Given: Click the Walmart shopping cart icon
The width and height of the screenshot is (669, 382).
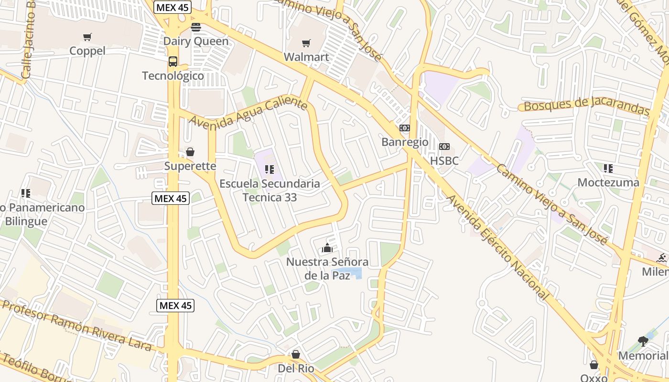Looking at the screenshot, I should tap(306, 43).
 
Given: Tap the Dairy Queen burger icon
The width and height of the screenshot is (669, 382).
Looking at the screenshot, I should tap(196, 27).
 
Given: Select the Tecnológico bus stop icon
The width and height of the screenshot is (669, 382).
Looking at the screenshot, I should tap(173, 62).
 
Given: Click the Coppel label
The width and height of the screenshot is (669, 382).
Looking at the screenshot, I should tap(87, 51).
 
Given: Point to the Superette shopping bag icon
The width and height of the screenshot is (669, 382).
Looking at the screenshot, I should tap(190, 152).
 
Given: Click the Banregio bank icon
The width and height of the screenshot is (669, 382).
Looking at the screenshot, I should tap(405, 128).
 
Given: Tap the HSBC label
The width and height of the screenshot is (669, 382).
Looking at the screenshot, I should tap(444, 161).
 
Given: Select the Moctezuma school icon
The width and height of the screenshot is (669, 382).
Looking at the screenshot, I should tap(608, 168).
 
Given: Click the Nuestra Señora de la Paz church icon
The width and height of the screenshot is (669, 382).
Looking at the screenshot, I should tap(327, 248).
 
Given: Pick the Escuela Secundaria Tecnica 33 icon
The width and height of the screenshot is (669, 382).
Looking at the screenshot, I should tap(270, 169).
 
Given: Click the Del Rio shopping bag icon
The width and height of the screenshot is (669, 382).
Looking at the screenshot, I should tap(296, 354).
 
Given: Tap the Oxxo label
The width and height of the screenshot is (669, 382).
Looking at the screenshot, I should tap(593, 378).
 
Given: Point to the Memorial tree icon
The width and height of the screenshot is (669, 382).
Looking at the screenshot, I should tap(643, 341).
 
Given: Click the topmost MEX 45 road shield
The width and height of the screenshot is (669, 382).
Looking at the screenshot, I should tap(173, 7).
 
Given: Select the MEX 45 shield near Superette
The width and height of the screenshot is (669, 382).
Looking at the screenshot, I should tap(171, 198).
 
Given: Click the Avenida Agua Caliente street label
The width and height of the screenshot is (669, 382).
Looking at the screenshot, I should tap(248, 111).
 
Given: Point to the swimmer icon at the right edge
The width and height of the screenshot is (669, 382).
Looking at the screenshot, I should tap(662, 258).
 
